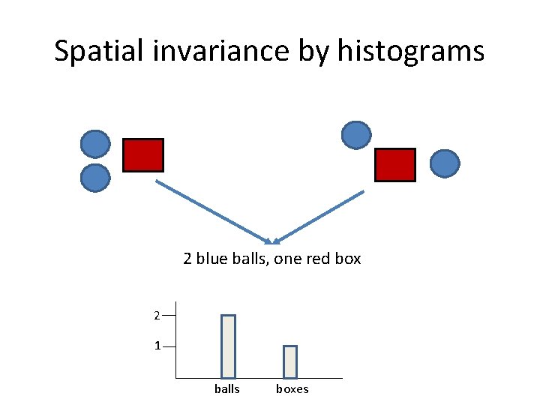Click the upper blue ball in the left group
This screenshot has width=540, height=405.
[x=95, y=144]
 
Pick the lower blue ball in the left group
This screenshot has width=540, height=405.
[x=95, y=178]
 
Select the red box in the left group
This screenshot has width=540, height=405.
[x=142, y=155]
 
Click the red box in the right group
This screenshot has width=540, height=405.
[x=394, y=165]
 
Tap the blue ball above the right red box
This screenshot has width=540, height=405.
[x=356, y=135]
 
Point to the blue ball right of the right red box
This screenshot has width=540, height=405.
[x=445, y=163]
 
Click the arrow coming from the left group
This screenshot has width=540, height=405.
[x=213, y=211]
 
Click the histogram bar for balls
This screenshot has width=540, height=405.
[x=228, y=346]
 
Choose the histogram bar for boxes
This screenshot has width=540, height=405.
[x=290, y=361]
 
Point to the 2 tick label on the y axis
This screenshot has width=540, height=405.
[x=156, y=316]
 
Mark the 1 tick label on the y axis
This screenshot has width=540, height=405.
[x=157, y=346]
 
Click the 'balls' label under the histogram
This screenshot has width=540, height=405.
[x=227, y=388]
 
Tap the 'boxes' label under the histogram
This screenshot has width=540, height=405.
[x=292, y=388]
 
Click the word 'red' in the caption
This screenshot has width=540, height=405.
[x=321, y=259]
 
